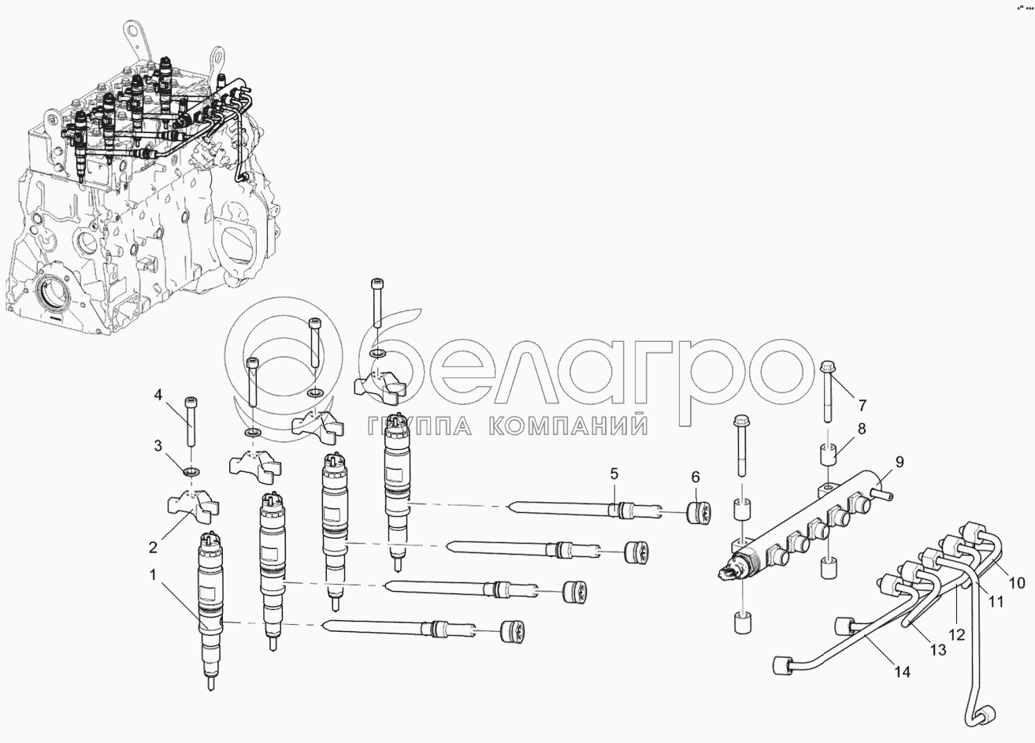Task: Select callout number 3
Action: [158, 446]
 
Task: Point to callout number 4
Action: [158, 394]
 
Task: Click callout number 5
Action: [614, 474]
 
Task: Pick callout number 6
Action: [696, 477]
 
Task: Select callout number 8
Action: [862, 429]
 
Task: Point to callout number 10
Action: [1016, 583]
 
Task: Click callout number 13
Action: [938, 649]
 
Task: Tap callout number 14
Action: [901, 672]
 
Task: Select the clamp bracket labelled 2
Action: [191, 507]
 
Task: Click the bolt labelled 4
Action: [191, 421]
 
